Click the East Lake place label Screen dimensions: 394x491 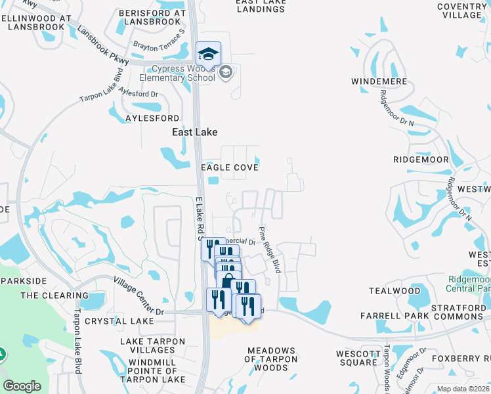[194, 132]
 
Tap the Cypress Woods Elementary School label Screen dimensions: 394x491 [183, 74]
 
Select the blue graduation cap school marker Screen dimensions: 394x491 [208, 53]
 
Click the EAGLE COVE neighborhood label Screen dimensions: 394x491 [229, 167]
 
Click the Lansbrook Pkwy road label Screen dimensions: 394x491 [103, 45]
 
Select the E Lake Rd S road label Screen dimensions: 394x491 [200, 217]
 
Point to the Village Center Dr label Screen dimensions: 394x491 [139, 294]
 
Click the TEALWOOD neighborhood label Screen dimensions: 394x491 [395, 291]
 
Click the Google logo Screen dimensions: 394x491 [22, 386]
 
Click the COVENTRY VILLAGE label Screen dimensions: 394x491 [462, 11]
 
